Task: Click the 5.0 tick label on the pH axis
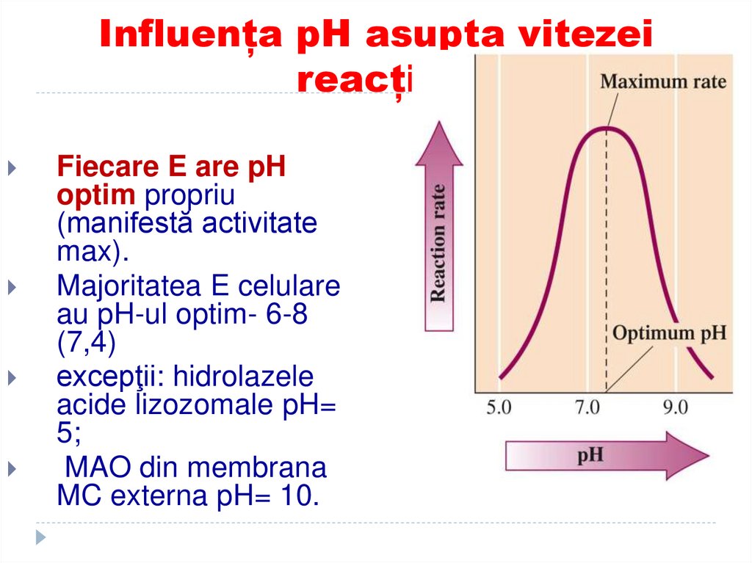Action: pos(499,407)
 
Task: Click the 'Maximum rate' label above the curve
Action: pos(663,81)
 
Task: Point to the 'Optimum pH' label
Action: pos(669,333)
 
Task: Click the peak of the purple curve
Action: pos(606,128)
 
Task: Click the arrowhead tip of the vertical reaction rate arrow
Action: pos(439,124)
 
